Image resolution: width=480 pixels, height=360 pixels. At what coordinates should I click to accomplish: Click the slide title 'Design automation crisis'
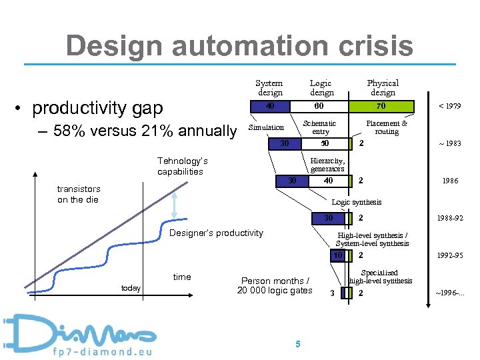pyautogui.click(x=239, y=46)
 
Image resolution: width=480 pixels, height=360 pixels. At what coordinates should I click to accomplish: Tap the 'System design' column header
pyautogui.click(x=269, y=88)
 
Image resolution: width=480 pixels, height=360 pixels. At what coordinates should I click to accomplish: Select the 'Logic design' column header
pyautogui.click(x=321, y=88)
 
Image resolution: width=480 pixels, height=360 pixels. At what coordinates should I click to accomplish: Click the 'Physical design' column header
pyautogui.click(x=383, y=88)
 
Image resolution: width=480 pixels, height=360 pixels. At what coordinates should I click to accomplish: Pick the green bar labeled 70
pyautogui.click(x=380, y=106)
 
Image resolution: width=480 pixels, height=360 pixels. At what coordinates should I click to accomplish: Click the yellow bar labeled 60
pyautogui.click(x=319, y=106)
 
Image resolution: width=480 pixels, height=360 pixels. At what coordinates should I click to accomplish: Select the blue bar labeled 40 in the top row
pyautogui.click(x=270, y=106)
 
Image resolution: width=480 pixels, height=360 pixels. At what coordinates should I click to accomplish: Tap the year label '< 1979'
pyautogui.click(x=449, y=106)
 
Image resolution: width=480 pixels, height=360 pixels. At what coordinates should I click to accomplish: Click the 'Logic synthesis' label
pyautogui.click(x=357, y=202)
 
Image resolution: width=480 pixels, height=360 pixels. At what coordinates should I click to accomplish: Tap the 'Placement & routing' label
pyautogui.click(x=387, y=127)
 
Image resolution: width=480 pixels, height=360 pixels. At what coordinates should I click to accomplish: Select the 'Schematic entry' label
pyautogui.click(x=320, y=127)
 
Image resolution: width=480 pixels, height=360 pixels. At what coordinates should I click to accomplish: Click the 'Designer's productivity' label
pyautogui.click(x=216, y=233)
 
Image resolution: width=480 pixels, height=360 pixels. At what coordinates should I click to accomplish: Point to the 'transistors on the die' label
pyautogui.click(x=79, y=194)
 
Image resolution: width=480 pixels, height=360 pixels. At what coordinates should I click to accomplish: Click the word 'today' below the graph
pyautogui.click(x=131, y=288)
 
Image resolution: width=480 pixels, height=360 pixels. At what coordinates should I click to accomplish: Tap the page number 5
pyautogui.click(x=297, y=344)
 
